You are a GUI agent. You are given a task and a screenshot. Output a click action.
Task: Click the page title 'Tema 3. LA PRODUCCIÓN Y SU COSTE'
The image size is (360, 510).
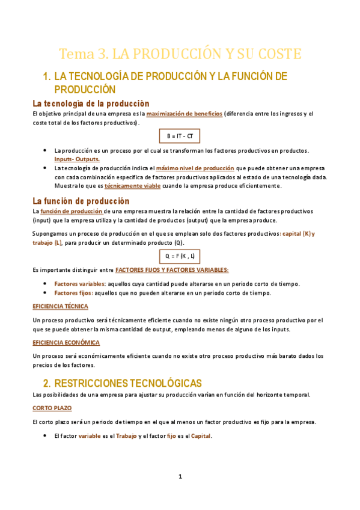pos(180,54)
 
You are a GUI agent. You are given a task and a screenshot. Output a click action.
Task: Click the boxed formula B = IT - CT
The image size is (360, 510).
pos(180,136)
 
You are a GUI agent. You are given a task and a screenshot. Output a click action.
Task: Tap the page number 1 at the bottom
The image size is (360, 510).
pos(180,476)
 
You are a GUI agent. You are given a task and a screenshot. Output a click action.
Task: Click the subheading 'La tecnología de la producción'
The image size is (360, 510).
pos(91,103)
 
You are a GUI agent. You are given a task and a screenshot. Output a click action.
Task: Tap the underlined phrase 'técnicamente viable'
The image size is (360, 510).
pos(133,186)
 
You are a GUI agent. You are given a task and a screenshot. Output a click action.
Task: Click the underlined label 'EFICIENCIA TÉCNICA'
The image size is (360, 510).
pos(60,306)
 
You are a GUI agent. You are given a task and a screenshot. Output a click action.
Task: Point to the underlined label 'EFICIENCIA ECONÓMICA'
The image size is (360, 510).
pos(66,342)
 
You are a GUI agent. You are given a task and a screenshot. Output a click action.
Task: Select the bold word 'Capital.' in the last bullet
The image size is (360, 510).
pos(202,436)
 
